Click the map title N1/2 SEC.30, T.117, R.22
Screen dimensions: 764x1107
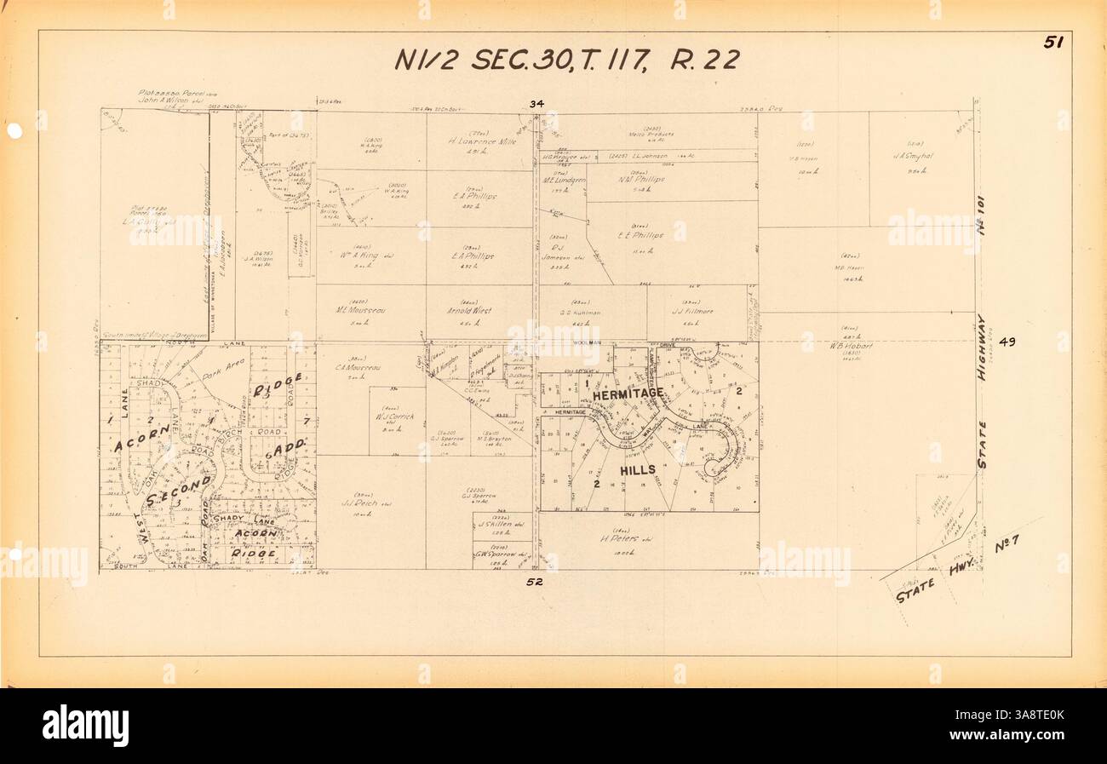pos(566,60)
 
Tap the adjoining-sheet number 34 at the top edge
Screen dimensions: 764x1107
pos(536,104)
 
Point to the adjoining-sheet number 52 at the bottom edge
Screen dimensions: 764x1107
pos(535,583)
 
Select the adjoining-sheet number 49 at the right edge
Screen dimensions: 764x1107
pos(1007,342)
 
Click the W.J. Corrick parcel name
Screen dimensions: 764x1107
pos(393,418)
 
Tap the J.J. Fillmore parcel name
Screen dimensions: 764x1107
pos(691,312)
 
